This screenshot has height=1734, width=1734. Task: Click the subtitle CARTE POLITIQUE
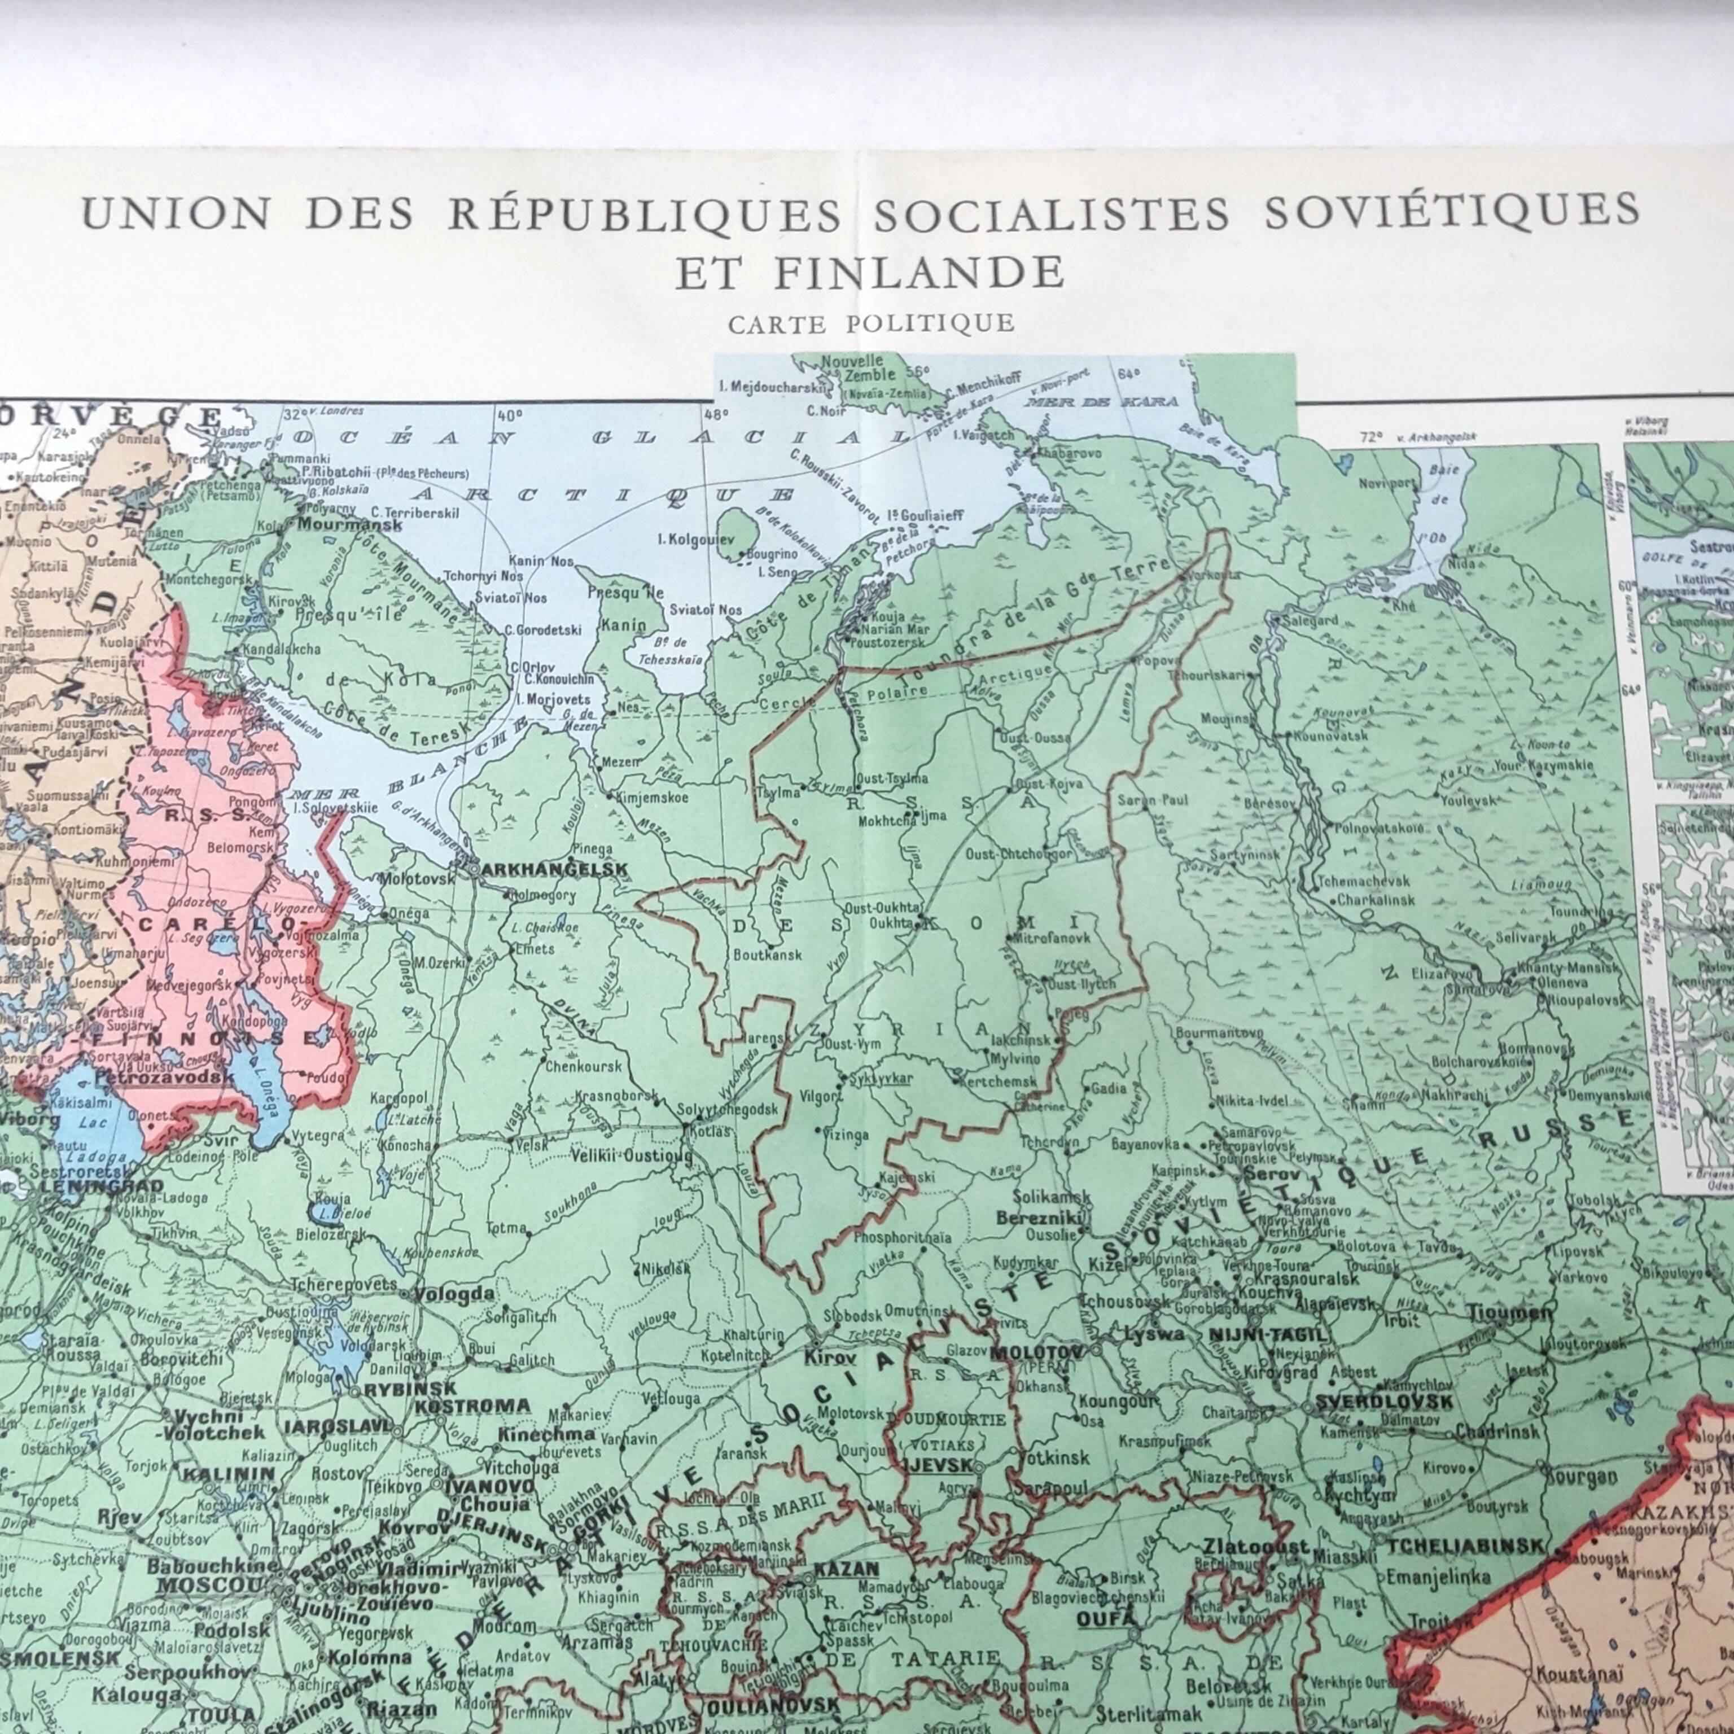[870, 323]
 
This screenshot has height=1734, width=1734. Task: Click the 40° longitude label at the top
[509, 415]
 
